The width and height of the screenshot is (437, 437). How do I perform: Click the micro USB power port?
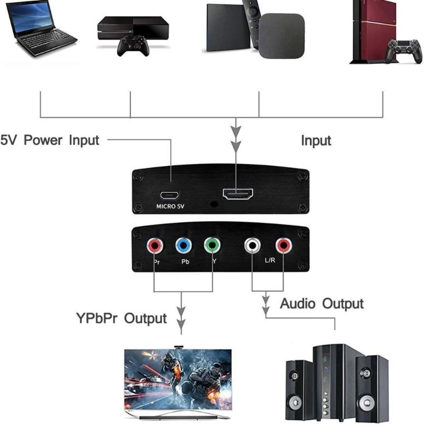(x=171, y=194)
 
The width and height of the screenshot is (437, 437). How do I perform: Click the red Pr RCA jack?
(x=155, y=246)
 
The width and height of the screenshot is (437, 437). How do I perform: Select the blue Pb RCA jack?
(x=184, y=246)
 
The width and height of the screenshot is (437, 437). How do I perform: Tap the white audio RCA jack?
(x=252, y=246)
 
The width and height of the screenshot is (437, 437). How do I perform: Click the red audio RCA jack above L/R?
(x=283, y=246)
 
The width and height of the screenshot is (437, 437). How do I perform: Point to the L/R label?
(x=270, y=261)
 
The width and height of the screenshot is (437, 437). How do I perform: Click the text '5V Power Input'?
(x=50, y=140)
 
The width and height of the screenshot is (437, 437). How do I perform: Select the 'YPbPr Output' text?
(x=121, y=318)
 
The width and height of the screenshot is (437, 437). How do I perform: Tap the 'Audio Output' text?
(x=322, y=304)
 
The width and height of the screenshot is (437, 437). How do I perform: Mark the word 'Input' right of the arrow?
(x=316, y=140)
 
